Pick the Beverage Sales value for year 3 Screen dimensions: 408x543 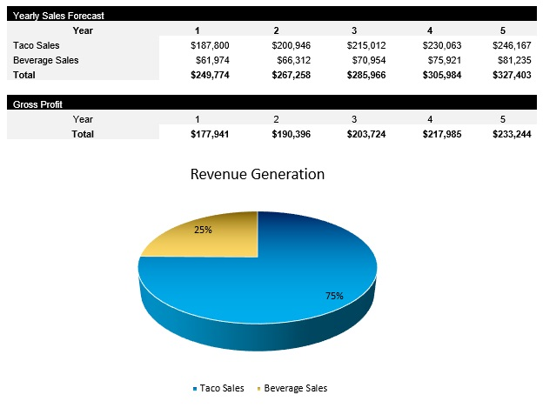pos(365,60)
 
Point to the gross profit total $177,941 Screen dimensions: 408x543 pos(209,134)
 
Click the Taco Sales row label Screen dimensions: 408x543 pos(37,45)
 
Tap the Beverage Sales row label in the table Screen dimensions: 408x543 pos(45,60)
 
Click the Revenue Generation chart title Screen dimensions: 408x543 pos(258,175)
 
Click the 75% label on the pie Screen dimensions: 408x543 pos(334,296)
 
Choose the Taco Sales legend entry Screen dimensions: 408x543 pos(218,388)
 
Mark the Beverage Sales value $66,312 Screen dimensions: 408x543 pos(289,60)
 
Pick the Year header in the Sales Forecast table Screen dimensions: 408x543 pos(83,30)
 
